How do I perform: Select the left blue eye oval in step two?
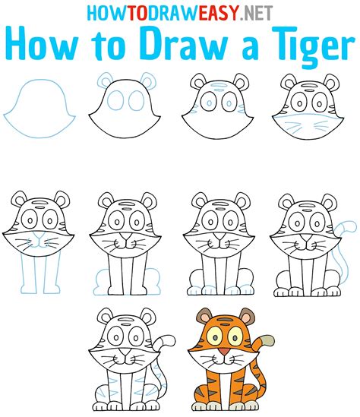tap(115, 100)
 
